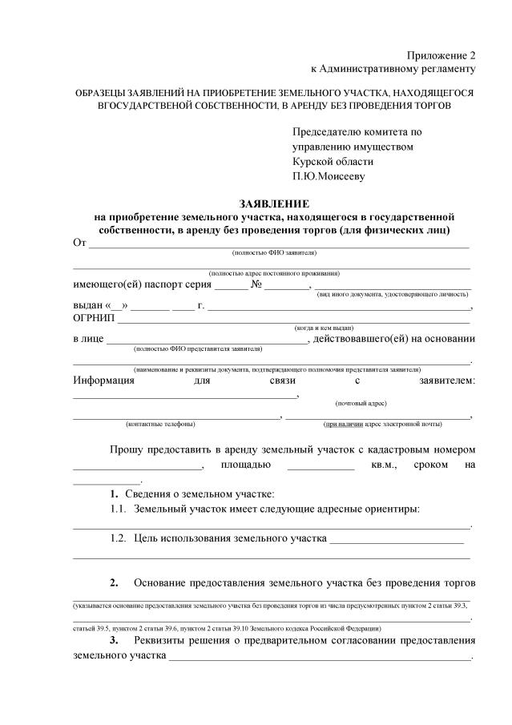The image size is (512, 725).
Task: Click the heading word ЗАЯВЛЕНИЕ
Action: tap(273, 204)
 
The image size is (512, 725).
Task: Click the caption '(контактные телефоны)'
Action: tap(160, 424)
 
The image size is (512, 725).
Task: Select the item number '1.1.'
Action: tap(119, 509)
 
